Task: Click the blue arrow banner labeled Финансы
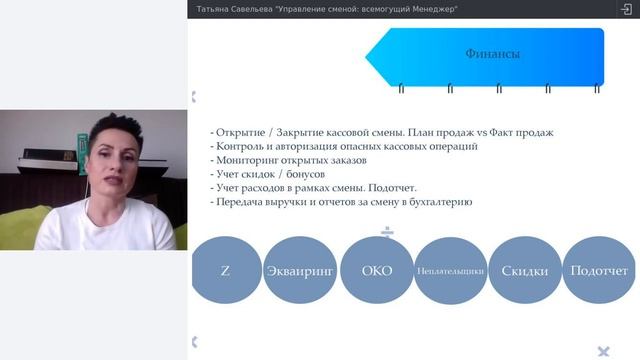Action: coord(490,55)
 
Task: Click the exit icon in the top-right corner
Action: coord(626,9)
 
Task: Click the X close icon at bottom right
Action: coord(603,351)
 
